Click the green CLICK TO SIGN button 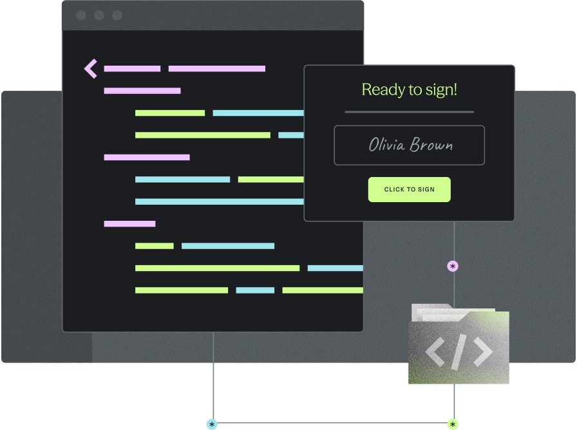409,189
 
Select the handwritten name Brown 431,145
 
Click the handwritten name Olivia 386,145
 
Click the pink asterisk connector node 453,266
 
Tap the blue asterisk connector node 212,424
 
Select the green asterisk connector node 453,424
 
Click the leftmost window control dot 80,15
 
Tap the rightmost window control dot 117,15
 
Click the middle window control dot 99,15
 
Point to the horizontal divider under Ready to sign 409,112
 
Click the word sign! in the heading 441,89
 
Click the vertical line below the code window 213,373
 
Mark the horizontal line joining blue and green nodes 332,424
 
